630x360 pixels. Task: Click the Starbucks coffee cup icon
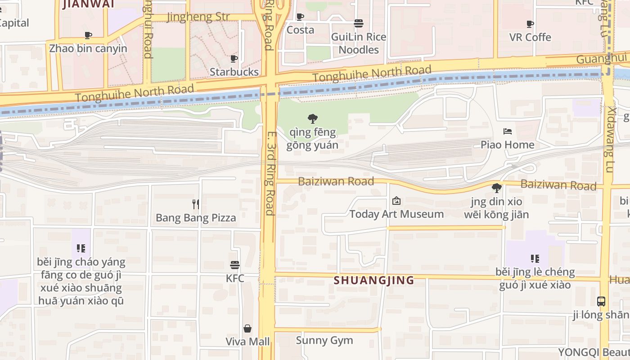click(x=234, y=58)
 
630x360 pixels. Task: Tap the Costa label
click(x=300, y=30)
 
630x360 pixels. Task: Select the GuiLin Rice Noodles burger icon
click(x=359, y=23)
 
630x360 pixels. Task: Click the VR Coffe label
click(x=530, y=37)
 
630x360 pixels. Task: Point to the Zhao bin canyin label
click(x=88, y=49)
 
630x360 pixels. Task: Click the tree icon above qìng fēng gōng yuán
click(x=312, y=119)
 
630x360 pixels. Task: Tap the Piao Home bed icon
click(x=508, y=131)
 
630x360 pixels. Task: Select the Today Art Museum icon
click(x=396, y=201)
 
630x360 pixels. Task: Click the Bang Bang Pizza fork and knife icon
click(x=196, y=204)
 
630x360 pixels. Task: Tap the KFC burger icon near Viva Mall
click(x=234, y=265)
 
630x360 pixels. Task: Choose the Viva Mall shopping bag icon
click(x=247, y=328)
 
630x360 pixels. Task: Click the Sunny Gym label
click(x=324, y=341)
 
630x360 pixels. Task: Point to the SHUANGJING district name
click(x=374, y=280)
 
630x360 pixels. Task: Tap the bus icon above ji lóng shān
click(x=601, y=301)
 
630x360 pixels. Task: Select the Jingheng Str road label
click(x=198, y=17)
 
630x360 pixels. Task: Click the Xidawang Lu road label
click(x=610, y=139)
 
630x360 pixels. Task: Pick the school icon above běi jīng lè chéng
click(x=535, y=259)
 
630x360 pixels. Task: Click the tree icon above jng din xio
click(x=496, y=188)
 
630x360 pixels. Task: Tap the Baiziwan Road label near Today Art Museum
click(x=336, y=181)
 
